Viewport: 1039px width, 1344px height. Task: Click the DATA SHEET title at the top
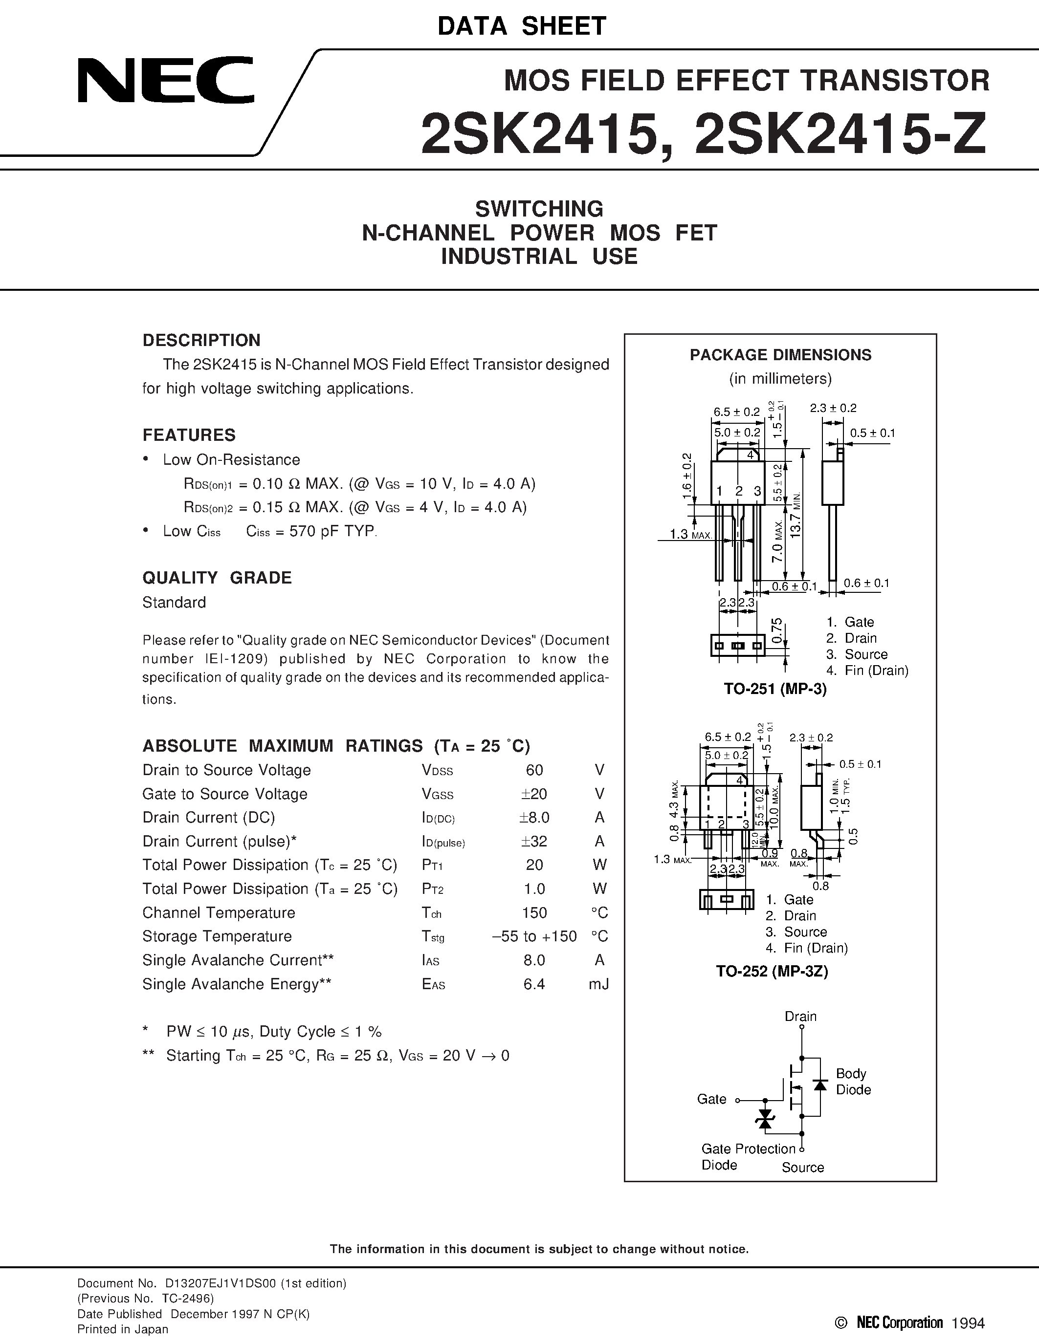pyautogui.click(x=522, y=26)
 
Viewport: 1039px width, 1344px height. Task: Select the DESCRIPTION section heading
pyautogui.click(x=201, y=340)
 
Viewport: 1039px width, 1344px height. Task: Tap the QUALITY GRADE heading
pyautogui.click(x=217, y=578)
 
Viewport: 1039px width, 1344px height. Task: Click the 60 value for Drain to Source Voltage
pyautogui.click(x=534, y=770)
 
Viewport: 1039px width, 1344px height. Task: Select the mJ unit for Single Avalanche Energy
pyautogui.click(x=598, y=984)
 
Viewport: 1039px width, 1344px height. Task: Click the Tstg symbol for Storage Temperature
pyautogui.click(x=433, y=936)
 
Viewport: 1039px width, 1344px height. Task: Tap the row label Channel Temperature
pyautogui.click(x=219, y=912)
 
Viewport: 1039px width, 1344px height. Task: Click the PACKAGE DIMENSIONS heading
pyautogui.click(x=780, y=355)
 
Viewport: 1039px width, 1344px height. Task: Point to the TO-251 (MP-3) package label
pyautogui.click(x=775, y=689)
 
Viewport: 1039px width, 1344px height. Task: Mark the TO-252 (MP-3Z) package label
pyautogui.click(x=772, y=971)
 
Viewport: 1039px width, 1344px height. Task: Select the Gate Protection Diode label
pyautogui.click(x=748, y=1156)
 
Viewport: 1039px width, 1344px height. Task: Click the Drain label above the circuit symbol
pyautogui.click(x=800, y=1016)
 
